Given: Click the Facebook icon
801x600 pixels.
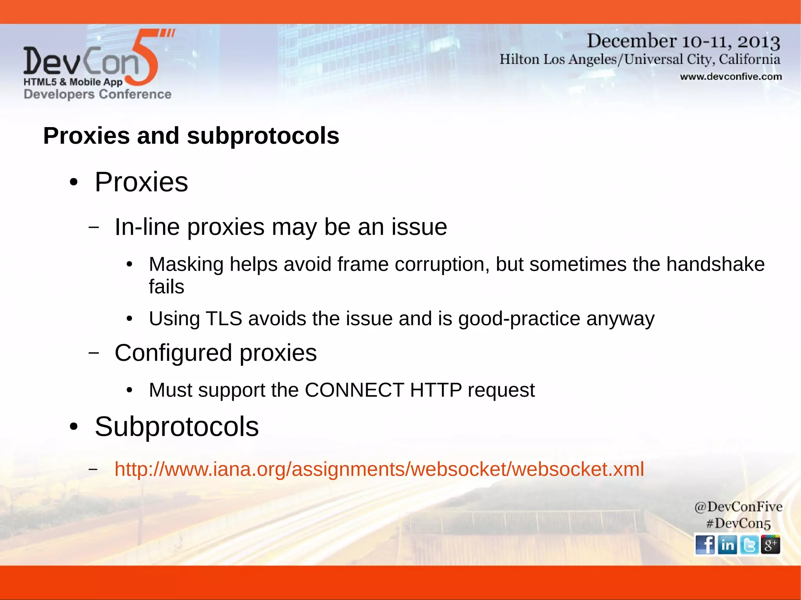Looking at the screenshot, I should [705, 544].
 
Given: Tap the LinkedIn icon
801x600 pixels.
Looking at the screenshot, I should [727, 544].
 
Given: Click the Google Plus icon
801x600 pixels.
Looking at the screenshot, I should [770, 544].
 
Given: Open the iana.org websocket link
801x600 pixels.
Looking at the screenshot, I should [379, 469].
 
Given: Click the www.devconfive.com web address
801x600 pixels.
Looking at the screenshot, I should [731, 77].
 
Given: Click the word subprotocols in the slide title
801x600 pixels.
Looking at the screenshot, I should [263, 136].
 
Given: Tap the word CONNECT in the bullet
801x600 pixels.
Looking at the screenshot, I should [354, 390].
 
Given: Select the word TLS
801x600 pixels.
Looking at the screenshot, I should [224, 319].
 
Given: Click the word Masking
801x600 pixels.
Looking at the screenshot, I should [186, 265].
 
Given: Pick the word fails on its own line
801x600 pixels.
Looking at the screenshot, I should [166, 287].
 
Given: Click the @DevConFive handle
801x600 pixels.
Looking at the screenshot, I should [738, 507].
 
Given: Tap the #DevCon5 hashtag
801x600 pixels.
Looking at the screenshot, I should [738, 523].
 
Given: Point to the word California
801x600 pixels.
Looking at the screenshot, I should [749, 59].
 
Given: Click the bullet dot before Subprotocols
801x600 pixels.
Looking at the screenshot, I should [74, 427].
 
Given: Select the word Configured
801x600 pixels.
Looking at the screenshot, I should [173, 353].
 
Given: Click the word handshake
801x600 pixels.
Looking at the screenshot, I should [715, 265].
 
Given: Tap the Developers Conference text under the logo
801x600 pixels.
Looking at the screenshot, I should [97, 94].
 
